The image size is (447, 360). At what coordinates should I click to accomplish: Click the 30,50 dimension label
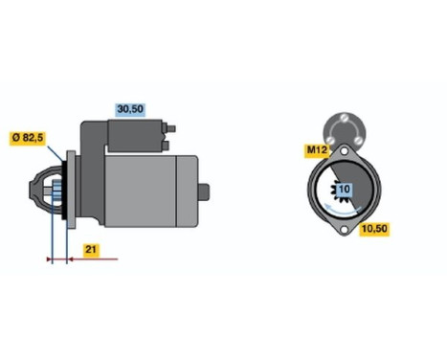(129, 110)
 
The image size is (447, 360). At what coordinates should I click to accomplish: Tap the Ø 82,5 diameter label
(26, 139)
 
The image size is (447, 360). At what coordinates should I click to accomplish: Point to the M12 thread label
(316, 150)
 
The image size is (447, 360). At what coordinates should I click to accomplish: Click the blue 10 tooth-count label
(344, 191)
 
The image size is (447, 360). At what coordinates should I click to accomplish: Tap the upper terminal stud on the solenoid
(172, 129)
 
